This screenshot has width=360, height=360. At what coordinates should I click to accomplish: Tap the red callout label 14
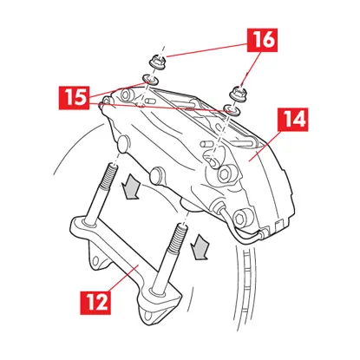click(x=292, y=121)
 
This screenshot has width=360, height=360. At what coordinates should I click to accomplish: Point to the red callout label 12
click(x=97, y=303)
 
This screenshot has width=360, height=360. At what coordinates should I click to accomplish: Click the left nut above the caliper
click(x=158, y=62)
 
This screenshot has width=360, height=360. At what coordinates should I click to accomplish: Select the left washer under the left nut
click(x=148, y=82)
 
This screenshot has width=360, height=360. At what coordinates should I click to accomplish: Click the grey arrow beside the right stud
click(x=200, y=245)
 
